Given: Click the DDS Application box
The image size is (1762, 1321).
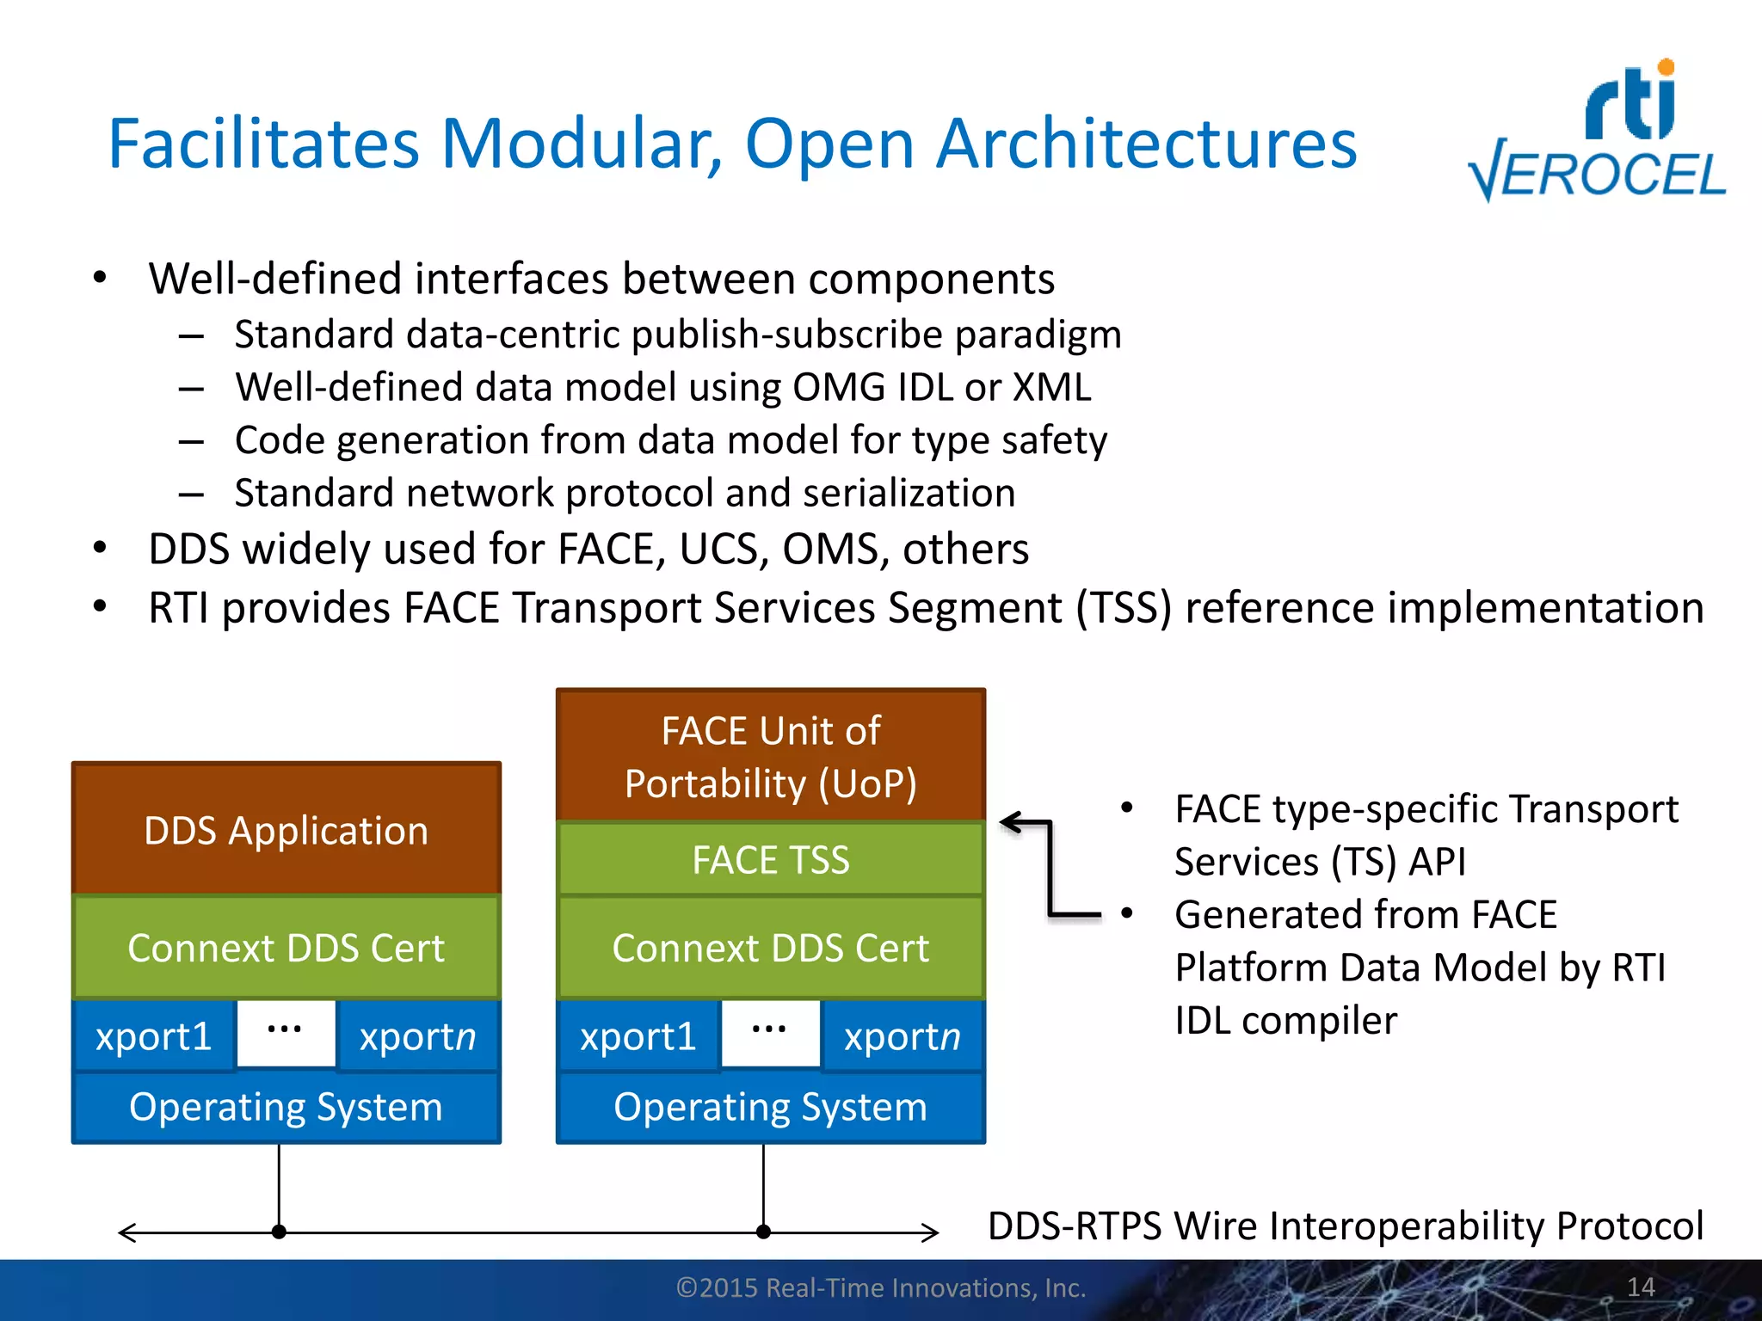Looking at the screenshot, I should tap(286, 830).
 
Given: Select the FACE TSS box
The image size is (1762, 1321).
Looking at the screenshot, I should tap(770, 859).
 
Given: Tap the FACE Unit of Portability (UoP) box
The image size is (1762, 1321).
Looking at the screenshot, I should tap(770, 756).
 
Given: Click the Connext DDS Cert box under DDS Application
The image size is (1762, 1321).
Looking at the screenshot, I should tap(286, 948).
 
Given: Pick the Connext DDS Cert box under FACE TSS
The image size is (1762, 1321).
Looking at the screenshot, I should tap(770, 948).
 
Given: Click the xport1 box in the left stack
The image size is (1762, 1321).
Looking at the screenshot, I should tap(154, 1036).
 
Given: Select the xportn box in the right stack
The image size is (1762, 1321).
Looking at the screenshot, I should tap(902, 1036).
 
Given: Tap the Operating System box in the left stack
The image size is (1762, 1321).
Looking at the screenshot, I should tap(286, 1107).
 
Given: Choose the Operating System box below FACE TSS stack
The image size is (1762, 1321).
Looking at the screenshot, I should tap(770, 1107).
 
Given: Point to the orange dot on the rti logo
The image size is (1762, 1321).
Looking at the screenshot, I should tap(1666, 67).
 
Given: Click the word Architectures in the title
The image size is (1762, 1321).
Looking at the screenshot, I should tap(1146, 144).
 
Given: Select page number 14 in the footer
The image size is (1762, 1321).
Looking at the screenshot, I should tap(1641, 1287).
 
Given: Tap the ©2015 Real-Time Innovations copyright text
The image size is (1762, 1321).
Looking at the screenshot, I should tap(881, 1287).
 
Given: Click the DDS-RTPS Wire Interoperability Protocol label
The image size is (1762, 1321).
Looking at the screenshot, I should tap(1345, 1226).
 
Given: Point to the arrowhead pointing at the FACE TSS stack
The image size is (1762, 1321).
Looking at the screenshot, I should tap(1008, 823).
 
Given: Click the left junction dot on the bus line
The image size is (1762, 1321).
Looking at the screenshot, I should tap(279, 1232).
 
